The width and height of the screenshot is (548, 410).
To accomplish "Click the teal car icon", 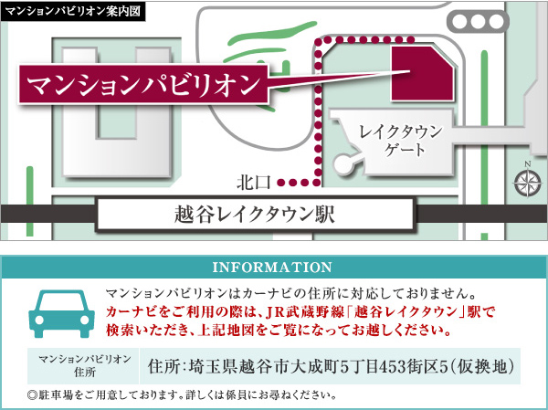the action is pos(61,313).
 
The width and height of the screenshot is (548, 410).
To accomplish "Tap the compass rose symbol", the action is pos(527,183).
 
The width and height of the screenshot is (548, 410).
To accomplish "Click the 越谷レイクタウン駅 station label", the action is pos(255,215).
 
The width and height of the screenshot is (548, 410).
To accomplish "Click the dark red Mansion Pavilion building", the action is pos(422,73).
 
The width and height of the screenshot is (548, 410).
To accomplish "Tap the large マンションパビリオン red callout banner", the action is pos(143,84).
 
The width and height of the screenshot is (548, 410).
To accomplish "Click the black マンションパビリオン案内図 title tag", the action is pos(73,11).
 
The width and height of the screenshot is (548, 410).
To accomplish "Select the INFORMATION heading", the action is pos(272,268).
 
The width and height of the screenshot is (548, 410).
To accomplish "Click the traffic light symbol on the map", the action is pos(478,22).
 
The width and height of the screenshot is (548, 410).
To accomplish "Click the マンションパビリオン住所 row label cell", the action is pos(84,366).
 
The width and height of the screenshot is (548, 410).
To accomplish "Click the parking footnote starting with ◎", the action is pos(182,395).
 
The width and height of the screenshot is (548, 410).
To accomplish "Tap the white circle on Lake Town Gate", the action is pos(342,164).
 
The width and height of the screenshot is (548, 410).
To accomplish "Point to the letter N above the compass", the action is pos(528,164).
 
